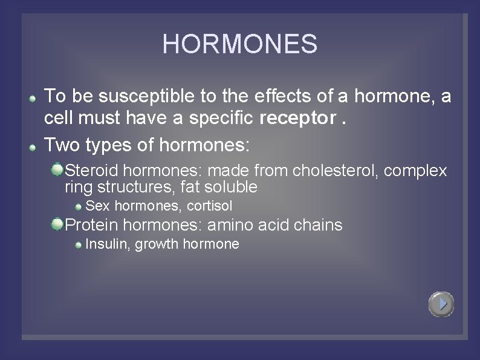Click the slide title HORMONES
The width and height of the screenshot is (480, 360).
239,44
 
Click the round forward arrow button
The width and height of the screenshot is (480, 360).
441,304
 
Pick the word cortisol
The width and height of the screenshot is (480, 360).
209,206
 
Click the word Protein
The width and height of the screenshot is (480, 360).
91,226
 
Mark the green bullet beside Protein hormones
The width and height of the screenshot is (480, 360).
57,224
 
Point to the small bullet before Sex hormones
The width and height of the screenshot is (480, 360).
79,207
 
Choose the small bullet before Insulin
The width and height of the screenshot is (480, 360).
79,245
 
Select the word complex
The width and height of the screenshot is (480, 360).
415,171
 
